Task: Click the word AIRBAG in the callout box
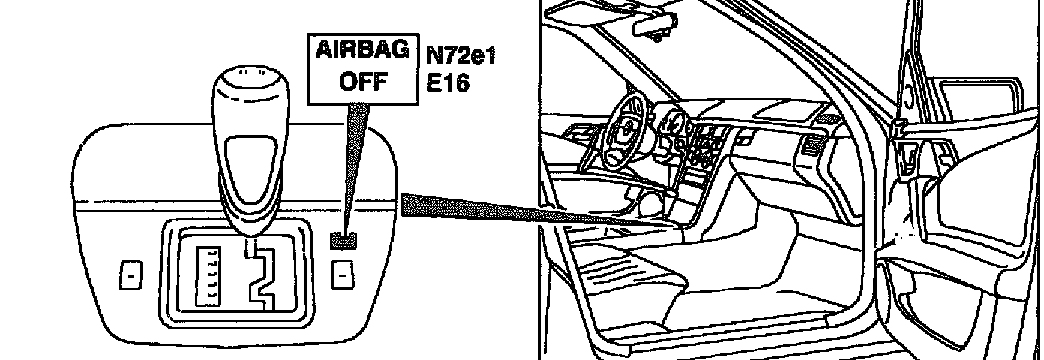pyautogui.click(x=363, y=52)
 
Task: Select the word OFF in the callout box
pyautogui.click(x=363, y=81)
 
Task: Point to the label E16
pyautogui.click(x=447, y=82)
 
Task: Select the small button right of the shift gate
pyautogui.click(x=342, y=275)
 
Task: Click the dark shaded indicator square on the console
pyautogui.click(x=343, y=239)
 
